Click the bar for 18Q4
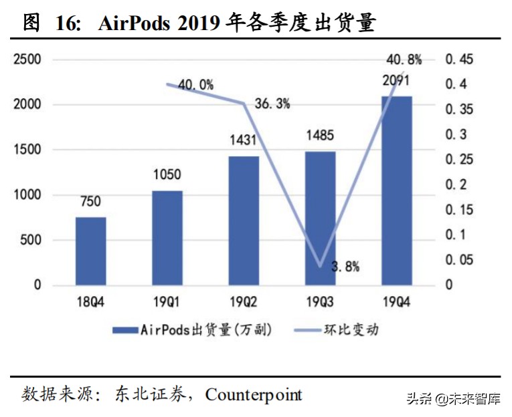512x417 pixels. (x=90, y=251)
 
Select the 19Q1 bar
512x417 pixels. (x=167, y=238)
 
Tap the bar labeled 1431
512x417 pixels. (x=244, y=221)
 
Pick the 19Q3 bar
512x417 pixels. (x=320, y=219)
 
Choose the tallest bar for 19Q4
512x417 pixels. (x=396, y=190)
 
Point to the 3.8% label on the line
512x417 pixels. (x=345, y=267)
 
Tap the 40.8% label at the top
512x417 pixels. (x=404, y=59)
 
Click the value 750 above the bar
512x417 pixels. (x=90, y=201)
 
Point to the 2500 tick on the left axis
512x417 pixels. (x=27, y=59)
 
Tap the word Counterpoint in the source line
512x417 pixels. (x=254, y=394)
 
